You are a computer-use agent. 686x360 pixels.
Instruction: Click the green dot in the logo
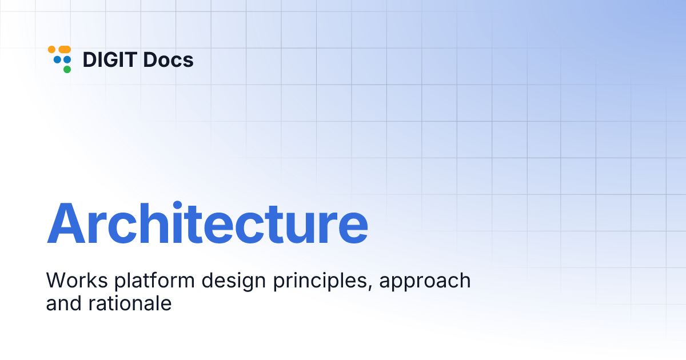pyautogui.click(x=67, y=70)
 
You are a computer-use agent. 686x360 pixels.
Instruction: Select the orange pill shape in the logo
pyautogui.click(x=65, y=50)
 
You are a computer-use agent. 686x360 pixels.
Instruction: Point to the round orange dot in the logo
pyautogui.click(x=51, y=50)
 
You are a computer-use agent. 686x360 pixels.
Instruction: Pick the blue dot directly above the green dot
pyautogui.click(x=67, y=59)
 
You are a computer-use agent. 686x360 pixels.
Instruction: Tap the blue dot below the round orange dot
pyautogui.click(x=57, y=59)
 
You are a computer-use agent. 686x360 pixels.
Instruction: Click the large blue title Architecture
pyautogui.click(x=207, y=223)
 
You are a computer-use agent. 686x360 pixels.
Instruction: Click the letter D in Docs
pyautogui.click(x=149, y=60)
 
